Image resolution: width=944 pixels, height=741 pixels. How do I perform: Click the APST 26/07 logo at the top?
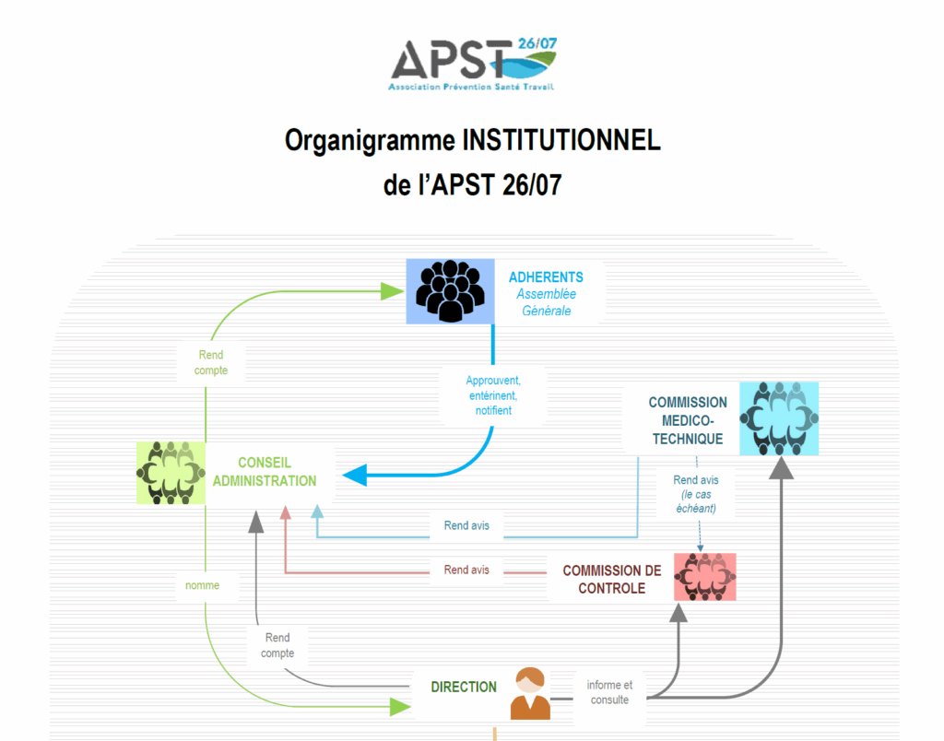pos(473,64)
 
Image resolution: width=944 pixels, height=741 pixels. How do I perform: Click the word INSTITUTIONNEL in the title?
pos(561,140)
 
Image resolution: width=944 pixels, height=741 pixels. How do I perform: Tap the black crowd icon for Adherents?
pos(450,291)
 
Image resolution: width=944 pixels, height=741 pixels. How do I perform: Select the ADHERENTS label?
pos(546,276)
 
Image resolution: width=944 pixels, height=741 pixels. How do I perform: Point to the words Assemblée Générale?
pos(546,302)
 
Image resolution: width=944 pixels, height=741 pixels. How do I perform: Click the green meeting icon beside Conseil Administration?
pos(171,473)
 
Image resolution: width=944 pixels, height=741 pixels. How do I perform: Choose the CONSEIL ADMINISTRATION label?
pos(265,472)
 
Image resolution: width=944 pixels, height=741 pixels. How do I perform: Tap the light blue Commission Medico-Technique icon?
pos(779,418)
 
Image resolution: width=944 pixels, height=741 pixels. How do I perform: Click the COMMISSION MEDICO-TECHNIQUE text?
pos(688,420)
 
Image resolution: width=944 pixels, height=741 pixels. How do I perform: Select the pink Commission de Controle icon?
pos(705,577)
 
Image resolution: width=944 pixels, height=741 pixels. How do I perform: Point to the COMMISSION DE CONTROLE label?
pos(612,579)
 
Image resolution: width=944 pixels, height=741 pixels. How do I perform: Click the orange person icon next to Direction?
pos(530,693)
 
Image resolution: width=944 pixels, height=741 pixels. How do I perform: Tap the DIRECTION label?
pos(464,687)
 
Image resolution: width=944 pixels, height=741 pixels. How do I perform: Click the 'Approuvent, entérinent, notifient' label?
pos(493,395)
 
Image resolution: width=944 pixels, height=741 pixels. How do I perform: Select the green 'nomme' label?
pos(202,585)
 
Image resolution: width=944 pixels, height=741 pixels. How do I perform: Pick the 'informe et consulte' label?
pos(609,692)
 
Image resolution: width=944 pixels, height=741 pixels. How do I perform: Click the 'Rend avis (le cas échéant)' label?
pos(696,494)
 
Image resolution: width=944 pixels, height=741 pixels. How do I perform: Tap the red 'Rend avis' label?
pos(466,570)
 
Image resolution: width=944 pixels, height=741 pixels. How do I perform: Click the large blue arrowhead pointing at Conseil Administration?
pos(355,475)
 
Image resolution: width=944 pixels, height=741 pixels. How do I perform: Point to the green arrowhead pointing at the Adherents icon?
pos(392,291)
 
